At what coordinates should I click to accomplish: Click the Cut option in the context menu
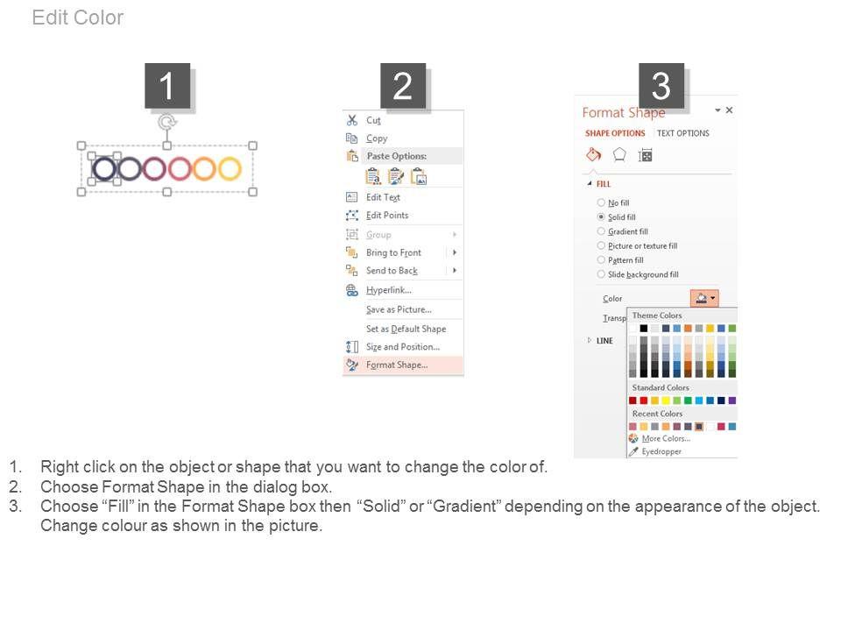click(373, 120)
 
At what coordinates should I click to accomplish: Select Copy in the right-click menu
click(377, 138)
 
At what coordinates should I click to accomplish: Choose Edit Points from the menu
click(387, 216)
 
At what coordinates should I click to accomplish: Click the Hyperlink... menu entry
click(389, 290)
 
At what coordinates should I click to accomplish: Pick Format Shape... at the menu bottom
click(397, 365)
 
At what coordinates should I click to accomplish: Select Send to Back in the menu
click(392, 271)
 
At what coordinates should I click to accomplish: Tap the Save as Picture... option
click(399, 309)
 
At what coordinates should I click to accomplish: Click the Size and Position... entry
click(403, 347)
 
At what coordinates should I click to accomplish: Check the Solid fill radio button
click(601, 216)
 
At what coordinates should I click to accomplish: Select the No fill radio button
click(601, 202)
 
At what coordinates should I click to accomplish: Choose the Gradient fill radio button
click(601, 231)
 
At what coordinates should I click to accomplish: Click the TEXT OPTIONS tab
click(682, 133)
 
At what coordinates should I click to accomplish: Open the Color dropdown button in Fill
click(704, 298)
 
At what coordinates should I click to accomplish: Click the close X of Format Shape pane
click(729, 110)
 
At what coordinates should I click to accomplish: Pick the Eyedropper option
click(661, 452)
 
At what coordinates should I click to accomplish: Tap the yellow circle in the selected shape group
click(230, 168)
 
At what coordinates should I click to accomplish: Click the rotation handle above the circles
click(167, 122)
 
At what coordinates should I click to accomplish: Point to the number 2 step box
click(403, 86)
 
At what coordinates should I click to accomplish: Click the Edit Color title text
click(78, 18)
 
